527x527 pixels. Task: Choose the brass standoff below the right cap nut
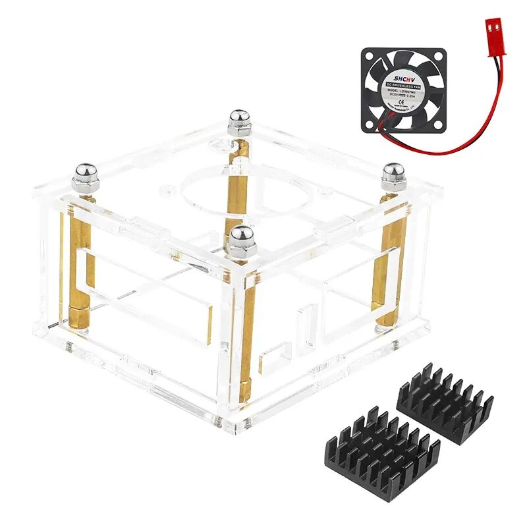point(391,263)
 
